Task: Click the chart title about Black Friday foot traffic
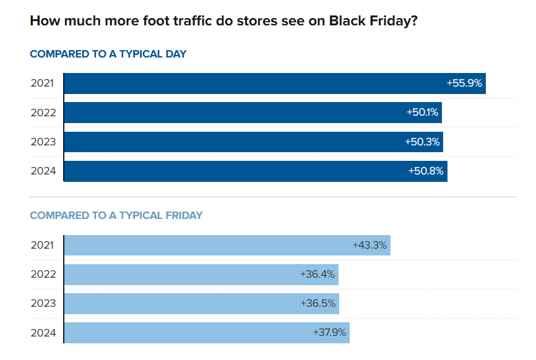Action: coord(223,20)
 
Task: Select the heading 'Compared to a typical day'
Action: coord(108,54)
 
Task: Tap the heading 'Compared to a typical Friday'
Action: coord(116,216)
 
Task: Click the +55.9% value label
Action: coord(464,83)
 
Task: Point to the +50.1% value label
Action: coord(423,113)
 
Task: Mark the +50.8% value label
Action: coord(426,171)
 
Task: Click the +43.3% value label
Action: coord(370,245)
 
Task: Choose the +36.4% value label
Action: coord(318,274)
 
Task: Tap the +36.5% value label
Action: coord(318,304)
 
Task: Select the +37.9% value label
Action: coord(330,333)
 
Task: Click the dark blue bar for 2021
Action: coord(248,84)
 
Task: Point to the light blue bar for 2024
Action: coord(186,333)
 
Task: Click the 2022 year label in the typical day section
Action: coord(43,113)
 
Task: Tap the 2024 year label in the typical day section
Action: coord(43,171)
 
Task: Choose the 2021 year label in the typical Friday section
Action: coord(43,245)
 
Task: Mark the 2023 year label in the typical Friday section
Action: coord(43,304)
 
